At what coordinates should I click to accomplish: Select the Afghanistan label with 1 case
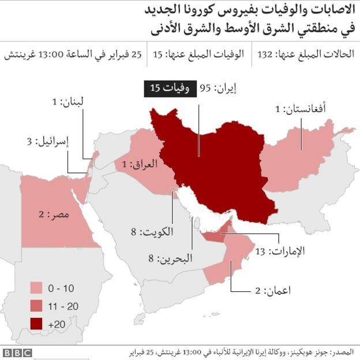pyautogui.click(x=299, y=108)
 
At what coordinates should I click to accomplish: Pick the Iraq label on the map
pyautogui.click(x=139, y=164)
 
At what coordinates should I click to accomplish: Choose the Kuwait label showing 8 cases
pyautogui.click(x=151, y=232)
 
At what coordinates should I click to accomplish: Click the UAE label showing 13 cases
pyautogui.click(x=280, y=251)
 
